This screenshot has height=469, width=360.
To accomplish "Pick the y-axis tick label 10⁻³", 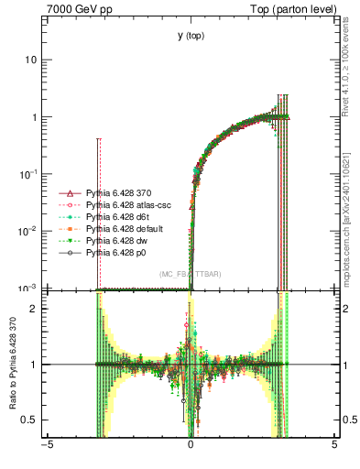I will coord(29,288).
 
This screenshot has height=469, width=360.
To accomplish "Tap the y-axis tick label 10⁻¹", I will coord(29,174).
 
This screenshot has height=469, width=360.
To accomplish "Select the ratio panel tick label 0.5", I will coord(32,420).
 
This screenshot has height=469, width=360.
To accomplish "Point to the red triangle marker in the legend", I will coord(67,194).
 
